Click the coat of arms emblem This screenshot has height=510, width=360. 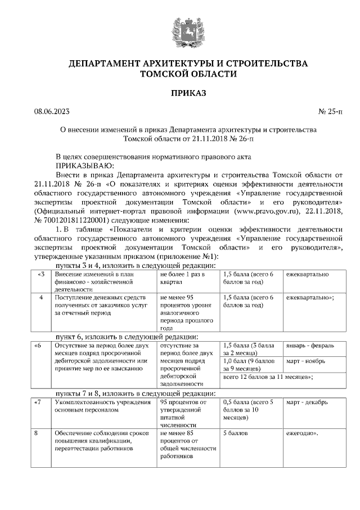pos(180,29)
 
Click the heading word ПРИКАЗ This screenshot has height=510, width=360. pos(180,93)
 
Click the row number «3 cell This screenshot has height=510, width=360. pos(40,274)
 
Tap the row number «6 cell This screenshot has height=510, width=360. pos(38,345)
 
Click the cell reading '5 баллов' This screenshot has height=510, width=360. pos(236,434)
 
